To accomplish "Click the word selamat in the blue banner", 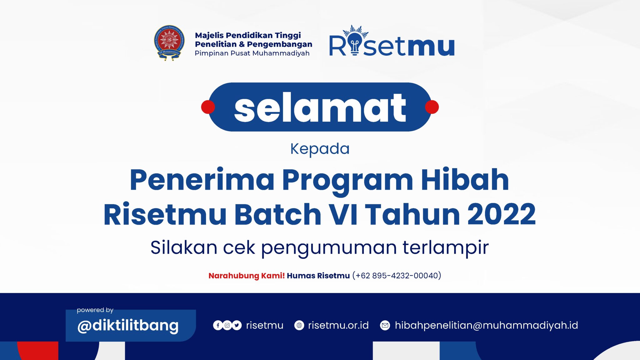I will coord(320,107).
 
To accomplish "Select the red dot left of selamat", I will coord(208,107).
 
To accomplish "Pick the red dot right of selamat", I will coord(432,107).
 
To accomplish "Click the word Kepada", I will coord(320,149).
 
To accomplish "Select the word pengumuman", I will coord(329,248).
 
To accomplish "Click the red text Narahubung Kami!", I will coord(246,276).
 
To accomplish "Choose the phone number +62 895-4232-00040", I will coord(397,276).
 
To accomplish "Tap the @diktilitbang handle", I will coord(128,326).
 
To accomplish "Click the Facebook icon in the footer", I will coord(218,325).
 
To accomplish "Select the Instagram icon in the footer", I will coord(227,325).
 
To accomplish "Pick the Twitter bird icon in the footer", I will coord(237,325).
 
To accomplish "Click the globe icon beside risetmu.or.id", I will coord(299,325).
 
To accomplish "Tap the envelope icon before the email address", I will coord(385,325).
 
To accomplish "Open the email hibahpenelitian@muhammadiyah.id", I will coord(486,325).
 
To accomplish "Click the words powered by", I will coord(95,310).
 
